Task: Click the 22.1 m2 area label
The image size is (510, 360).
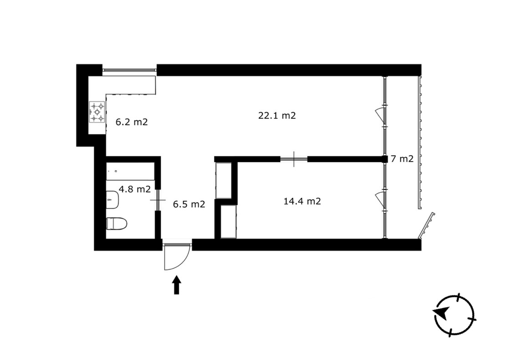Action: [x=277, y=116]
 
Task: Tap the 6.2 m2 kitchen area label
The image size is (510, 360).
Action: [x=132, y=122]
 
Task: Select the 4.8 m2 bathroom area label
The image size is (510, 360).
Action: [x=134, y=189]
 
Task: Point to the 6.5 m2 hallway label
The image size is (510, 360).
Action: [x=189, y=204]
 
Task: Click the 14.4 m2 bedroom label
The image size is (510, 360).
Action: [x=302, y=201]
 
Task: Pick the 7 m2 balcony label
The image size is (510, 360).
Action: [x=402, y=159]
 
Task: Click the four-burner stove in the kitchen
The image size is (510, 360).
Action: [x=97, y=112]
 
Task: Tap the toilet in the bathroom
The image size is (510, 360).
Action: [x=117, y=223]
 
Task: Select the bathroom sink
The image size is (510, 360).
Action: [x=112, y=200]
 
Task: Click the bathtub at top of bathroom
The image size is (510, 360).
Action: [x=130, y=171]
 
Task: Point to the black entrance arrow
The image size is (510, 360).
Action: [x=177, y=285]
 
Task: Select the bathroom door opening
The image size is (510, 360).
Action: [x=158, y=200]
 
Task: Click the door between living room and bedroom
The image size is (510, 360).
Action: [x=294, y=159]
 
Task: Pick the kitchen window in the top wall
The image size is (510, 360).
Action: [x=129, y=70]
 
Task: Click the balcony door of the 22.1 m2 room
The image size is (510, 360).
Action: [x=381, y=116]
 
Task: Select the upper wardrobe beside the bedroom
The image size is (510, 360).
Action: [x=224, y=181]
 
